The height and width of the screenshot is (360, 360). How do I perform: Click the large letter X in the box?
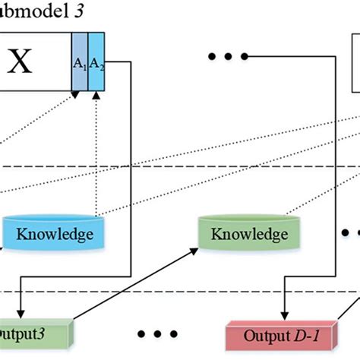21,62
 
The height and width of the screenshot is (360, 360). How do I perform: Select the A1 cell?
80,64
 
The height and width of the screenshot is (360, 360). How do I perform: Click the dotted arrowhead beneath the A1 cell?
75,95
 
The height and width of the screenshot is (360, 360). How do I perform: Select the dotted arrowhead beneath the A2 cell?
97,95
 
